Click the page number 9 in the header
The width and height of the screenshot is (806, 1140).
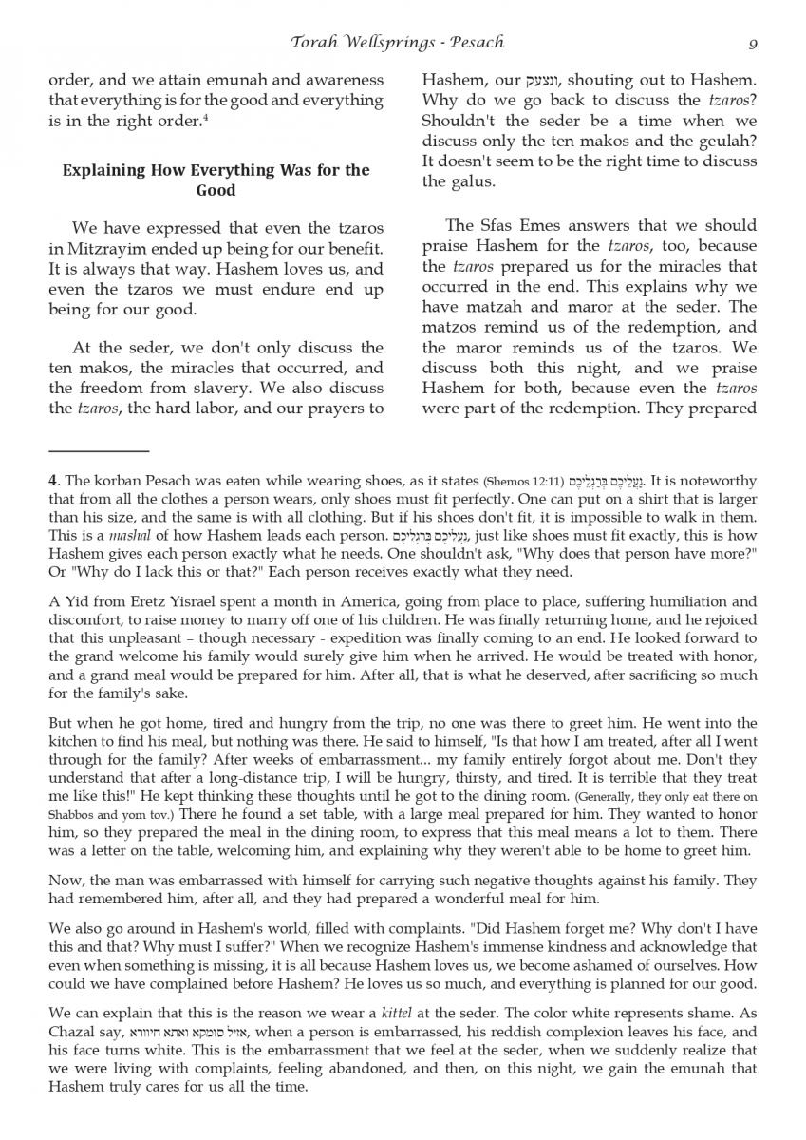[x=752, y=43]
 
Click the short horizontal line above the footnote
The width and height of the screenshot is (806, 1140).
[x=99, y=450]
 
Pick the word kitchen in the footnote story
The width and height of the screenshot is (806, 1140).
[x=74, y=743]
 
